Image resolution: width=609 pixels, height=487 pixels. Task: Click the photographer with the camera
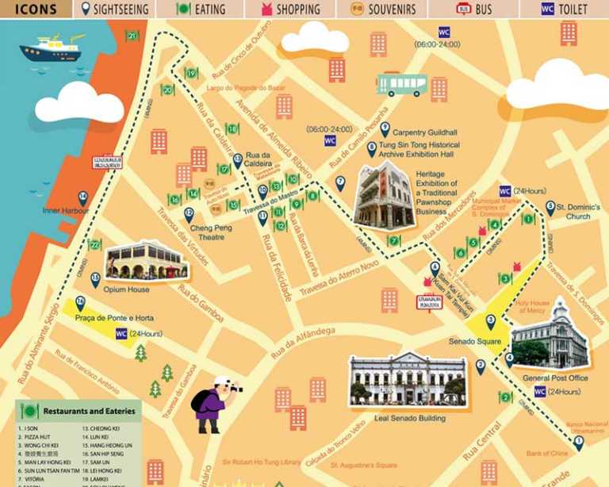(x=213, y=404)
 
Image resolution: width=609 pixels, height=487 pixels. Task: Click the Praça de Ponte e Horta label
(x=114, y=318)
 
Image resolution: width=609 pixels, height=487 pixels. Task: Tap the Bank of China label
(x=547, y=454)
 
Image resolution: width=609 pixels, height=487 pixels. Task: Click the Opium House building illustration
(x=145, y=260)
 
